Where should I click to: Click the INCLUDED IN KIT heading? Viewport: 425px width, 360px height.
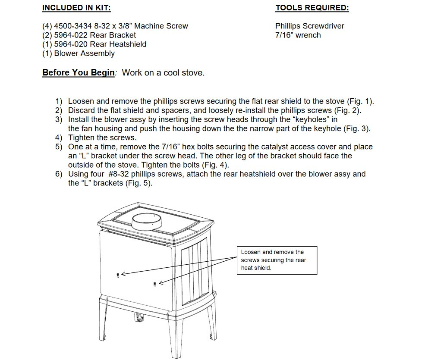(76, 8)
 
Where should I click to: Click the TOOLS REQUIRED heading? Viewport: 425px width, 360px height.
(312, 8)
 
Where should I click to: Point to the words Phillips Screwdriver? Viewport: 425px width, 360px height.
(309, 26)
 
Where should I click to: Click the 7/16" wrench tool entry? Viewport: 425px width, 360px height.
(298, 35)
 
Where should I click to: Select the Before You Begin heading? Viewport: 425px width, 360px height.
(79, 72)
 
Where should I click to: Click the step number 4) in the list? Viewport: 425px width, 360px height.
(59, 138)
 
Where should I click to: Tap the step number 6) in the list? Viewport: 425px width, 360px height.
(59, 174)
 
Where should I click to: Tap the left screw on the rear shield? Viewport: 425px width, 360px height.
(118, 275)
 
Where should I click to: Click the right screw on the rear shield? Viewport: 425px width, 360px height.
(155, 284)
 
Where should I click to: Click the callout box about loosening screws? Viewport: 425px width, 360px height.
(277, 260)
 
